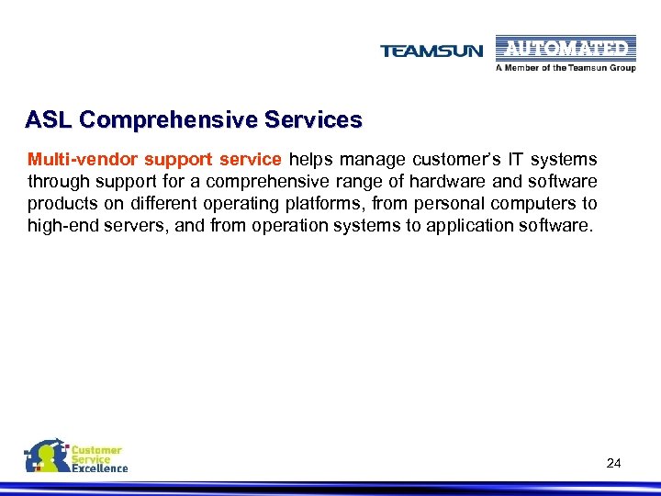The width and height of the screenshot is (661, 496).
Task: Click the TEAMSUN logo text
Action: [x=431, y=51]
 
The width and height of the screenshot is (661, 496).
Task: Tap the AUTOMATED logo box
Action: [x=565, y=48]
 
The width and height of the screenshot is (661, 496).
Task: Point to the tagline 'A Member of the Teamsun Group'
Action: [x=565, y=68]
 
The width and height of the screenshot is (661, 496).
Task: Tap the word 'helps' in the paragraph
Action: [x=310, y=159]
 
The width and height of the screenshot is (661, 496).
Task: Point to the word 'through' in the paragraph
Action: [x=53, y=181]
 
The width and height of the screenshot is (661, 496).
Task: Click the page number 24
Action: [x=614, y=464]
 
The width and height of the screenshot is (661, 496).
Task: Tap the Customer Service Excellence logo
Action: [x=75, y=457]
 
